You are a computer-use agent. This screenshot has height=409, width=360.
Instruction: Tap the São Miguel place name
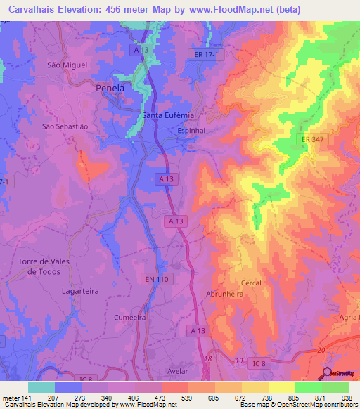tap(67, 65)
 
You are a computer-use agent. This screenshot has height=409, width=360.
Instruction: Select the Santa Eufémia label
tap(168, 115)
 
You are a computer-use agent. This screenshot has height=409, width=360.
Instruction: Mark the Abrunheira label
tap(224, 294)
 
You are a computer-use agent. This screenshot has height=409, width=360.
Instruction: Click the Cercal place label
tap(251, 283)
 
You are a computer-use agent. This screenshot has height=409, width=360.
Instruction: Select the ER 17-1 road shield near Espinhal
tap(206, 53)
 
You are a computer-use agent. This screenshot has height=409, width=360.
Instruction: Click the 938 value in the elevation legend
tap(347, 398)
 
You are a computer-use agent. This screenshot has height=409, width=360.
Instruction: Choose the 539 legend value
tap(187, 398)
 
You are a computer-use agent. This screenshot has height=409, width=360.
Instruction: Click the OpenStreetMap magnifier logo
tap(328, 373)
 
